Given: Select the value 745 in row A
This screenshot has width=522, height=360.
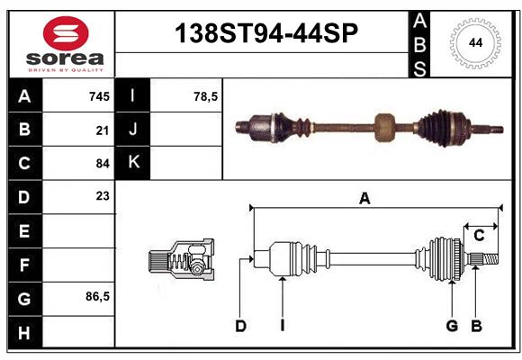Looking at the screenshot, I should pyautogui.click(x=98, y=96).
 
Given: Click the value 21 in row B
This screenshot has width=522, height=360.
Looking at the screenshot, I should pyautogui.click(x=102, y=130).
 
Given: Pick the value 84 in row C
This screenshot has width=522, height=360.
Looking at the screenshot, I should pyautogui.click(x=102, y=163).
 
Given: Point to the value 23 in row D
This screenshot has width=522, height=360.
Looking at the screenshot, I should pyautogui.click(x=102, y=196).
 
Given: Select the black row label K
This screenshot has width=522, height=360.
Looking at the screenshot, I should pyautogui.click(x=134, y=163).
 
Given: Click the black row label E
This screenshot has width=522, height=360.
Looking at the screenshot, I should pyautogui.click(x=24, y=230).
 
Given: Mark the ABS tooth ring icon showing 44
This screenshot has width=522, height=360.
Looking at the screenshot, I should pyautogui.click(x=472, y=43).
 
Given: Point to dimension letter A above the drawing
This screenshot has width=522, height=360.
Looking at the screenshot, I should pyautogui.click(x=364, y=198).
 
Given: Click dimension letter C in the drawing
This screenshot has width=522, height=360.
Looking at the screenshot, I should pyautogui.click(x=479, y=236).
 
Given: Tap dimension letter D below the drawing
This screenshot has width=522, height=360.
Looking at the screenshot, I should pyautogui.click(x=240, y=326).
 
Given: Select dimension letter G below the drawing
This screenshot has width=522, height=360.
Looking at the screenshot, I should pyautogui.click(x=452, y=326).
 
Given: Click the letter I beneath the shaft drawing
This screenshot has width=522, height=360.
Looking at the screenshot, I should pyautogui.click(x=282, y=326).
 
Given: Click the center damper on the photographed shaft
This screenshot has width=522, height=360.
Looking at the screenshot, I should pyautogui.click(x=385, y=127).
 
